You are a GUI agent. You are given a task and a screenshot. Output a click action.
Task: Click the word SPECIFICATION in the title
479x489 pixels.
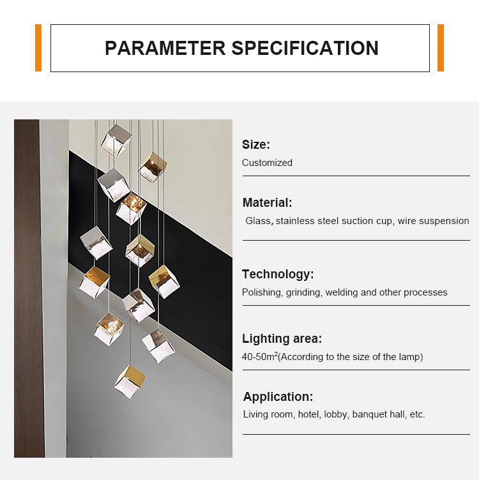pos(305,48)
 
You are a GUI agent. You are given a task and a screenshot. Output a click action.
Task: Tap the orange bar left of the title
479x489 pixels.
pos(38,48)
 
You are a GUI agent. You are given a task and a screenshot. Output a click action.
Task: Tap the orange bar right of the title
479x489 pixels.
pos(441,48)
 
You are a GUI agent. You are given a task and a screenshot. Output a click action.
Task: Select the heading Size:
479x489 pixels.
pos(256,145)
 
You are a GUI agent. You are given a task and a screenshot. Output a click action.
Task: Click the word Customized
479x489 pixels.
pos(267,163)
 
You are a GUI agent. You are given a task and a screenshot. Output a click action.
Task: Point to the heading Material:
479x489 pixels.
pos(267,203)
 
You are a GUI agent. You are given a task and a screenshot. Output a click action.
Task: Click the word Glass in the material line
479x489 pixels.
pos(259,221)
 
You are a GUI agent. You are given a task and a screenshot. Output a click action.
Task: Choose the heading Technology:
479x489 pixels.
pos(278,275)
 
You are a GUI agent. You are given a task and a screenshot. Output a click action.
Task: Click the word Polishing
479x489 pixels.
pos(262,292)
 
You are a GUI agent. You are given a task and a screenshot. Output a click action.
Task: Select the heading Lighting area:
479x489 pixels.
pos(282,339)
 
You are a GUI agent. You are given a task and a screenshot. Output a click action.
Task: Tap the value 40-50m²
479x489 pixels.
pos(259,356)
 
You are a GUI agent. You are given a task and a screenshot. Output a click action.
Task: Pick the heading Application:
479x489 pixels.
pos(278,396)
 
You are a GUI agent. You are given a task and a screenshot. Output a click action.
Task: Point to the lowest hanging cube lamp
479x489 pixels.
pos(130,380)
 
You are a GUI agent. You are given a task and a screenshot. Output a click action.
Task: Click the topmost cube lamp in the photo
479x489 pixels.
pos(117,139)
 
